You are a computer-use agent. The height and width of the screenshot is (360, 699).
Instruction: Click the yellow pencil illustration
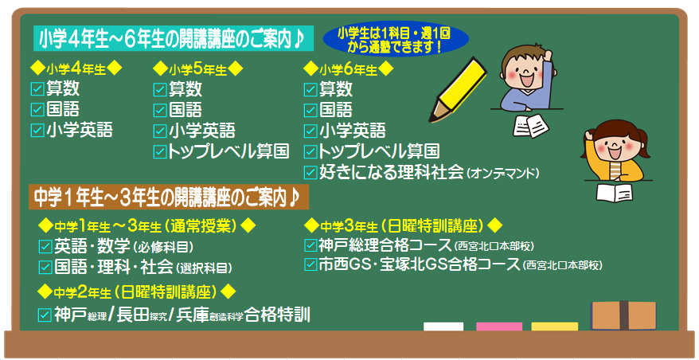(459, 90)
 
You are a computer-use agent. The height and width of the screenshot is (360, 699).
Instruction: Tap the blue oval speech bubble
(396, 39)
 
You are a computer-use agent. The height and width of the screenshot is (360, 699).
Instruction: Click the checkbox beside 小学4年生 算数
(37, 89)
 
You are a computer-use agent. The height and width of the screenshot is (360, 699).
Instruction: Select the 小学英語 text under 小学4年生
(80, 130)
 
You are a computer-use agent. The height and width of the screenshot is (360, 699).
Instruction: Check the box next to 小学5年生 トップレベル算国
(159, 151)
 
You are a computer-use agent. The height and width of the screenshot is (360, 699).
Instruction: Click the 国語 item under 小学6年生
(335, 109)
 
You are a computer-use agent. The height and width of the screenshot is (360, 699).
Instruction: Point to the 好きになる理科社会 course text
(392, 172)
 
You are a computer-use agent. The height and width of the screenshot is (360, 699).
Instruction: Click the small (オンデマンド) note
(503, 173)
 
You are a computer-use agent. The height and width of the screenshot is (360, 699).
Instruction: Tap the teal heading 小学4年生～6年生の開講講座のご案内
(174, 39)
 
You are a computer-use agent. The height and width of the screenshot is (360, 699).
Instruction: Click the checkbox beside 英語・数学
(45, 246)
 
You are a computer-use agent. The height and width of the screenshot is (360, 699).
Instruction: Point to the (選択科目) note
(204, 268)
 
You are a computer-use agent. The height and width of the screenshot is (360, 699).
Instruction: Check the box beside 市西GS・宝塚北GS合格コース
(310, 264)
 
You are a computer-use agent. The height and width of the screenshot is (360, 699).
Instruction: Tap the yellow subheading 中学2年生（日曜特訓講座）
(136, 292)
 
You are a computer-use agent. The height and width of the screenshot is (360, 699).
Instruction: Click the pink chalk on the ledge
(499, 327)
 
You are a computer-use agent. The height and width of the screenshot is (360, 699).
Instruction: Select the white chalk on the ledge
(443, 327)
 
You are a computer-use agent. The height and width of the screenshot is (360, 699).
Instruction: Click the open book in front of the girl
(614, 193)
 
